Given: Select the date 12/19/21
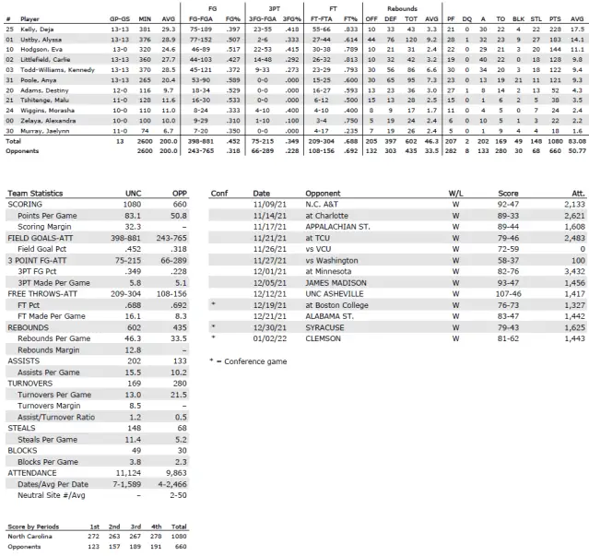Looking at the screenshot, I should tap(268, 329).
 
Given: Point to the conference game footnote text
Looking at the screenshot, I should tap(244, 386).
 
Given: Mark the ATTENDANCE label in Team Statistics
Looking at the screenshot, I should tap(35, 470).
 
